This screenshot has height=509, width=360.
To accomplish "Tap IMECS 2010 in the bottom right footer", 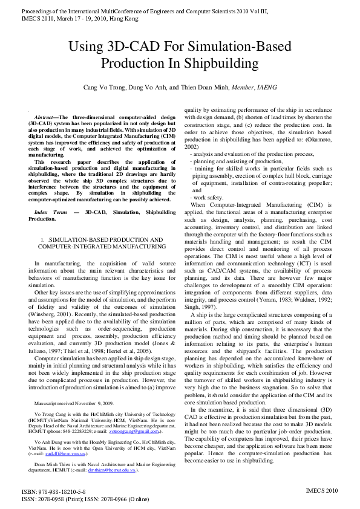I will [x=323, y=493].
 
